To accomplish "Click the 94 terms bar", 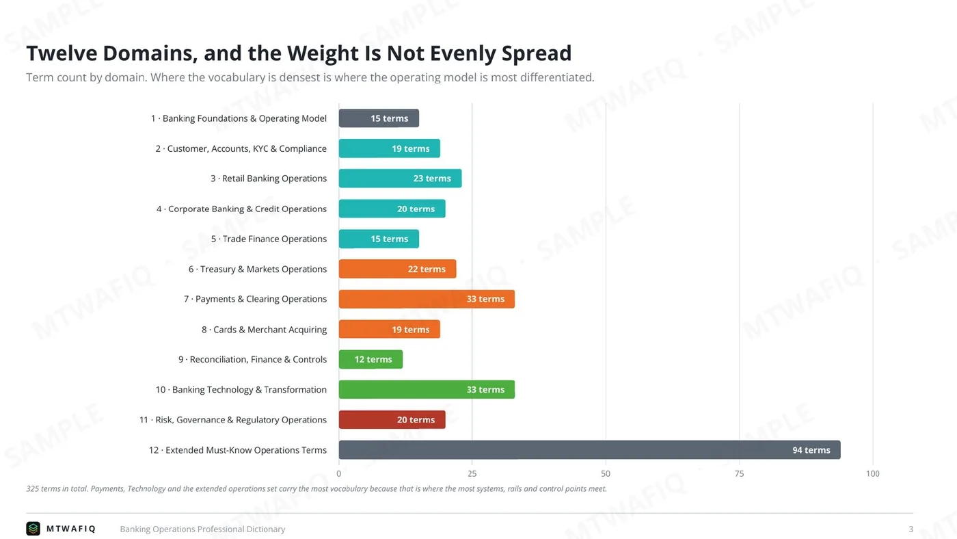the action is coord(589,449).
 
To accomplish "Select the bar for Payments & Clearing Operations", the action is coord(427,299).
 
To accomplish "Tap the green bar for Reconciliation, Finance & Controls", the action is coord(370,359).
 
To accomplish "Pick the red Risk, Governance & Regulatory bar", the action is coord(392,419).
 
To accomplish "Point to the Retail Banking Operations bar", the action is coord(401,179).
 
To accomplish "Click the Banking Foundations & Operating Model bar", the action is coord(379,118).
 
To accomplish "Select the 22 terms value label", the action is coord(427,269).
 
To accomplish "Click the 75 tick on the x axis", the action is coord(739,473).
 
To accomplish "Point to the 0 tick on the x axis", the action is coord(339,473).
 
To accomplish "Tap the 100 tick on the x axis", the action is coord(873,473).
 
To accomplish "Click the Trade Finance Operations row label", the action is coord(269,239).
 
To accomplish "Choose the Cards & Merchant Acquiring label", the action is coord(264,329).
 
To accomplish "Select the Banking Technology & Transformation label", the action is coord(241,389).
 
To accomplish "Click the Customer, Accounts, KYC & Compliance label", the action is coord(241,148).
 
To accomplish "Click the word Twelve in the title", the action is coord(62,53).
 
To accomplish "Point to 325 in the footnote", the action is coord(33,488).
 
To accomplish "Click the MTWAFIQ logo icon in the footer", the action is coord(33,529).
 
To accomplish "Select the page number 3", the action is coord(911,529).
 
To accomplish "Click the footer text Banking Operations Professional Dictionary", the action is coord(202,529).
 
